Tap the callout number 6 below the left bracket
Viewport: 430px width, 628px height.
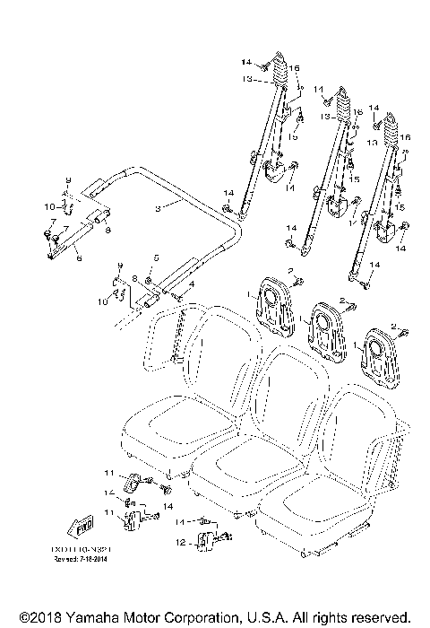click(x=79, y=258)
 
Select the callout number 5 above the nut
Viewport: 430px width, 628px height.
click(x=154, y=257)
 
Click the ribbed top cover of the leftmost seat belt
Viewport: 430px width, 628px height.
click(x=280, y=71)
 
